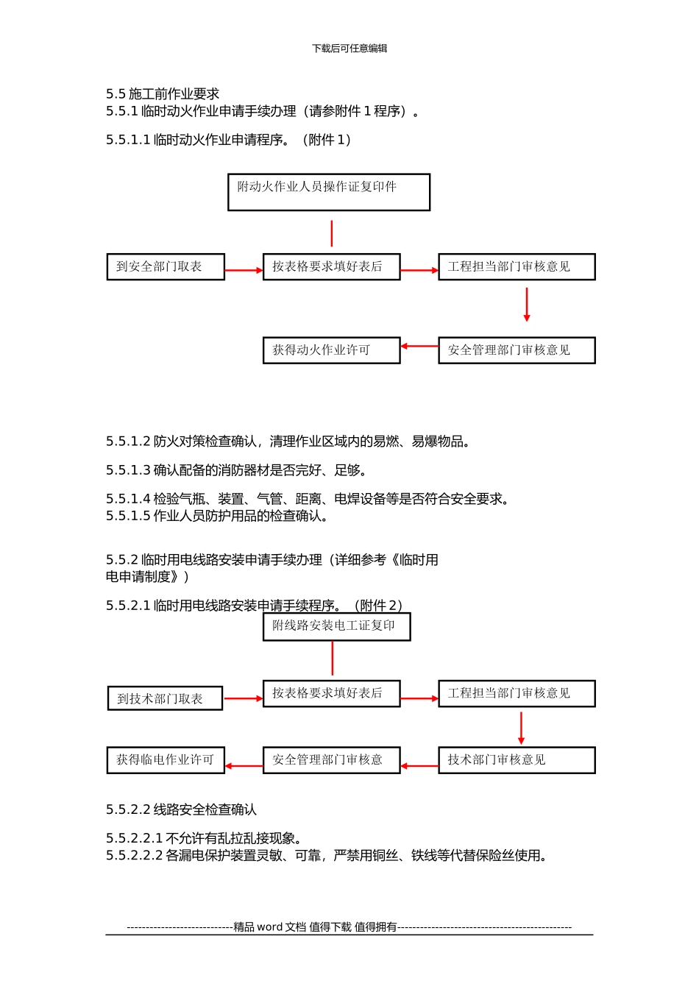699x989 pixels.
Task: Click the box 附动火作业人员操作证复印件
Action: click(329, 192)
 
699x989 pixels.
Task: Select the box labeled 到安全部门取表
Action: click(166, 266)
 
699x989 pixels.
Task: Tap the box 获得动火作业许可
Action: click(331, 350)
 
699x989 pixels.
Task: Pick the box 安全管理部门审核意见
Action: click(517, 350)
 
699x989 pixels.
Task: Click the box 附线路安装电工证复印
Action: click(336, 626)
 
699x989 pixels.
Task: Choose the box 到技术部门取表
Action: click(165, 698)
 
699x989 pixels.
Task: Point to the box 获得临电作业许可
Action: click(166, 760)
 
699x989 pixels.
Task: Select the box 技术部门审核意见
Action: click(517, 760)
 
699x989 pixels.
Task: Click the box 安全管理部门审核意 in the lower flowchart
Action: click(331, 760)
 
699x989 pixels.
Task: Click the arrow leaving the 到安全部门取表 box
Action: click(244, 271)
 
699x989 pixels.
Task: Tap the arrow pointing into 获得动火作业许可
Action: click(419, 346)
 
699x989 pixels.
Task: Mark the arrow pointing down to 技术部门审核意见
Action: click(521, 728)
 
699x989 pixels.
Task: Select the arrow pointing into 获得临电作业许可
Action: click(244, 766)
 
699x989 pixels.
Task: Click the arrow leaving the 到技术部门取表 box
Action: click(243, 698)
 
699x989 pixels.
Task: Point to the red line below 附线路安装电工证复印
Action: click(333, 658)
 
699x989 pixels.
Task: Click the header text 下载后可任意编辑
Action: click(349, 49)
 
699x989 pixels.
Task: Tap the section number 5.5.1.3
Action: click(128, 470)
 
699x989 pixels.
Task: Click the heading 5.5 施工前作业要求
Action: click(163, 94)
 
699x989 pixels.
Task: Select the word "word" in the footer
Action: click(269, 927)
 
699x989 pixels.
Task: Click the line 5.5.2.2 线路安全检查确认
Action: click(181, 810)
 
